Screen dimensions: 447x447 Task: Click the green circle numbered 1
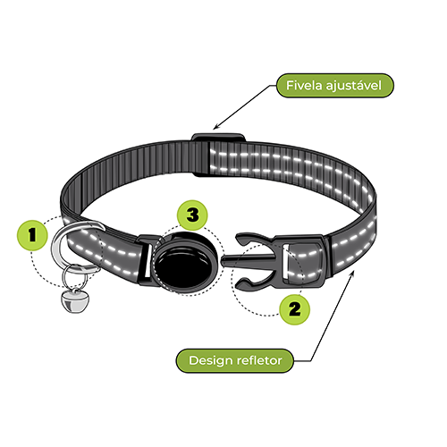coord(32,235)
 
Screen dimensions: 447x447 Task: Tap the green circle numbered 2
coord(294,309)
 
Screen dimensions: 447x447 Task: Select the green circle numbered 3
coord(192,215)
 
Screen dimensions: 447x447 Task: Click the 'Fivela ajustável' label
coord(335,86)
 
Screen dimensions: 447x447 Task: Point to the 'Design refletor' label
coord(235,360)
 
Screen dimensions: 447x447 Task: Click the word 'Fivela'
coord(304,86)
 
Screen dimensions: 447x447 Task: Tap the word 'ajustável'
coord(354,86)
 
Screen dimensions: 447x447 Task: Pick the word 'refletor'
coord(259,360)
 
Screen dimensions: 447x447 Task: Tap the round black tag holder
coord(185,263)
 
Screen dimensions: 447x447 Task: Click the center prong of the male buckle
coord(249,260)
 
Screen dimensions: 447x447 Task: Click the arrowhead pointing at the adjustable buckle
coord(215,127)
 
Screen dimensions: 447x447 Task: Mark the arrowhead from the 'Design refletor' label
coord(353,274)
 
